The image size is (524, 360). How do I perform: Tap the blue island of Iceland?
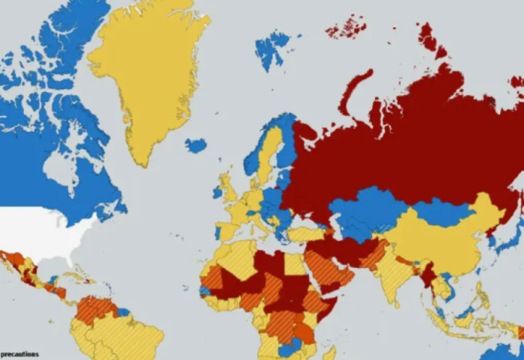pos(195,145)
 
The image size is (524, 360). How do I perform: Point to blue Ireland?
pos(218,192)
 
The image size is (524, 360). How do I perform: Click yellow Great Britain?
pos(228,187)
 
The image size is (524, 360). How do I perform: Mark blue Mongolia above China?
pos(442,213)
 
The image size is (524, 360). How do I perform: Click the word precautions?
pos(19,354)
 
